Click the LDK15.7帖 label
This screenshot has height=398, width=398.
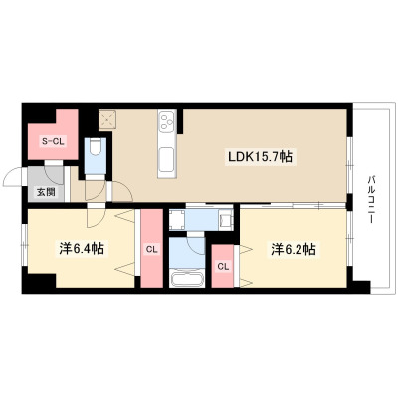pos(259,157)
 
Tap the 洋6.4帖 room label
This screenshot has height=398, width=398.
pos(82,249)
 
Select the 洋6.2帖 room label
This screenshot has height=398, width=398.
pos(294,249)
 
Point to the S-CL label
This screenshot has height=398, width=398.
pos(54,142)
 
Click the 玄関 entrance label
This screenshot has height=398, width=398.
pos(46,192)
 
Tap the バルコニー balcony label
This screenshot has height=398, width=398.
pos(370,199)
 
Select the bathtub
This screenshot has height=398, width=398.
pos(187,279)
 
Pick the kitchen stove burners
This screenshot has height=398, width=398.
pos(166,122)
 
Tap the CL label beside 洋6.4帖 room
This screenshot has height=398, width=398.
pos(152,249)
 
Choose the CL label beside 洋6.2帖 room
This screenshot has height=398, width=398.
pos(223,266)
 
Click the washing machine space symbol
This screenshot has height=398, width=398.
pos(177,220)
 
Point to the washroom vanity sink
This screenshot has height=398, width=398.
pos(226,220)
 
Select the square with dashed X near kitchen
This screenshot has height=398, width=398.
pos(106,119)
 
